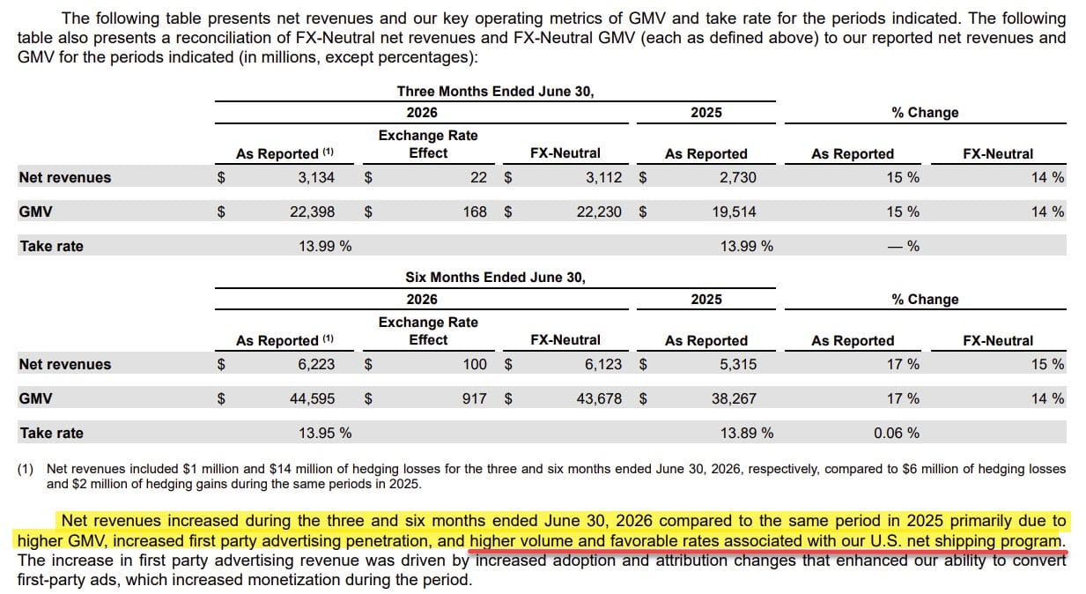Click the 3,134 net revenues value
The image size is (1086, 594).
[x=316, y=178]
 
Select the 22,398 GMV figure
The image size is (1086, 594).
[x=312, y=212]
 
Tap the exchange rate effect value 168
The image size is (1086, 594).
[x=475, y=212]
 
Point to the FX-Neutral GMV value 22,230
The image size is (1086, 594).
[x=599, y=212]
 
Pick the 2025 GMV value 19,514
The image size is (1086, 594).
[x=734, y=212]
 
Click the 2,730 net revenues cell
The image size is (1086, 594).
[x=737, y=178]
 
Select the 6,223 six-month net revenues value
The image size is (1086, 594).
[x=316, y=365]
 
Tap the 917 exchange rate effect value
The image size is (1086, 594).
[x=475, y=399]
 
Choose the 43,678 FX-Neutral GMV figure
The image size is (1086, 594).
[x=599, y=399]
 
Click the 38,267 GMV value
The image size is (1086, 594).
[x=734, y=399]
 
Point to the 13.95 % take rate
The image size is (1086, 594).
[x=325, y=433]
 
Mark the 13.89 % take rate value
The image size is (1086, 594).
[x=747, y=433]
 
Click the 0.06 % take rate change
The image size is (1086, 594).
[x=897, y=433]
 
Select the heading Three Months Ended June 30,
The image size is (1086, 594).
[x=496, y=92]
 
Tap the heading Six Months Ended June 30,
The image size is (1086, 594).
[x=496, y=277]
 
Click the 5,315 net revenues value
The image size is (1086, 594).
[x=737, y=365]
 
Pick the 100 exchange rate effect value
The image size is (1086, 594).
[x=475, y=365]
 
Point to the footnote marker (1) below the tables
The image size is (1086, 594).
[x=26, y=469]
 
